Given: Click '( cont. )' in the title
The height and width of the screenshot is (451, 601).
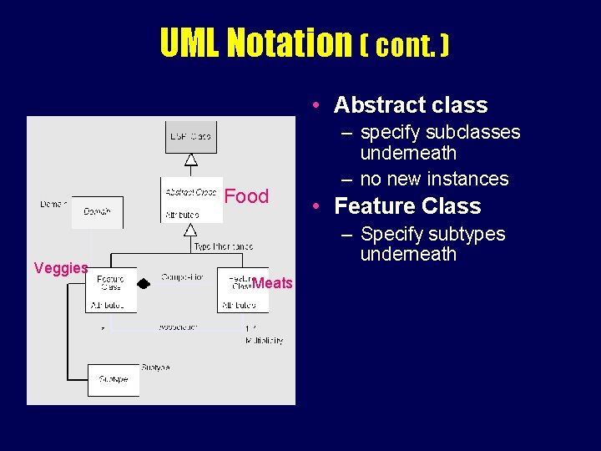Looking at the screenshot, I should point(404,45).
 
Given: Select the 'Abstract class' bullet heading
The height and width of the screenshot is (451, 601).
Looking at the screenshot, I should point(410,105).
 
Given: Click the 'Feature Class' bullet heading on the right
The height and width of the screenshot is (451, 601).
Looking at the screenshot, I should point(407,206).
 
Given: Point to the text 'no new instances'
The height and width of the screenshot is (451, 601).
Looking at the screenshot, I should point(434,179).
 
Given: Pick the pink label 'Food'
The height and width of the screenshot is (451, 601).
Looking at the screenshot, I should point(247,196).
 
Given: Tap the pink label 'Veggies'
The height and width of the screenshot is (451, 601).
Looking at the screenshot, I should point(61,268).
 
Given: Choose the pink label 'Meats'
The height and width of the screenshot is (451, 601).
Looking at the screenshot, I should point(273,283).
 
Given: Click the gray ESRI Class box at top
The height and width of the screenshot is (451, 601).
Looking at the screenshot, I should point(191,135).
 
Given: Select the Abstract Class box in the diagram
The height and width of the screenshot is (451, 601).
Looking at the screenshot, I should point(191,200).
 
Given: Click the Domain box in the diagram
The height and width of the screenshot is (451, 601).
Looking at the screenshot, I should point(97,212).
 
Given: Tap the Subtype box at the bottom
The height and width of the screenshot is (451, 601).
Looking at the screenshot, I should point(114,379).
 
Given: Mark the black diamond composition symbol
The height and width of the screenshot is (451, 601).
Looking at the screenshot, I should point(144,284).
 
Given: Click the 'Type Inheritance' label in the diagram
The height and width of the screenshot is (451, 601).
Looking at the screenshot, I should point(223,247).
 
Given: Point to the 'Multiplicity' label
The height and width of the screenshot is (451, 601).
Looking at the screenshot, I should point(265,341).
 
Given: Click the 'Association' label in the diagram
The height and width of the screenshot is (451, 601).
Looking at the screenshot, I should point(179,327).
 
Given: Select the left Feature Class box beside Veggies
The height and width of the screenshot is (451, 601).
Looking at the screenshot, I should point(111,290).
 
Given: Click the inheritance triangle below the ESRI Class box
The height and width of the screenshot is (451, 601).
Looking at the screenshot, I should point(191,160).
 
